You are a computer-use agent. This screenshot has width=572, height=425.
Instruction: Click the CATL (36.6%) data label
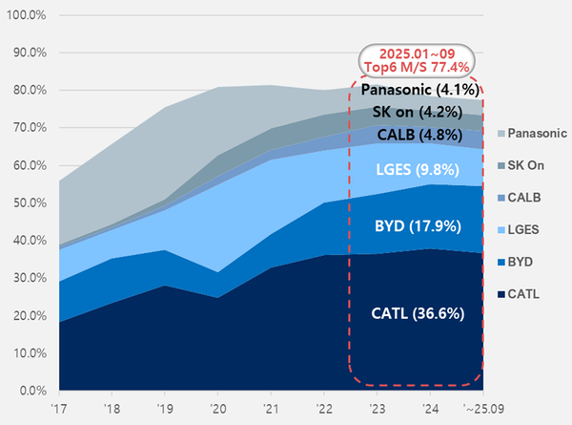point(416,312)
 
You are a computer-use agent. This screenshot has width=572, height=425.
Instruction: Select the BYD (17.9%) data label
point(416,226)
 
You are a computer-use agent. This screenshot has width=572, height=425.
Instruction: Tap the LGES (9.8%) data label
point(416,171)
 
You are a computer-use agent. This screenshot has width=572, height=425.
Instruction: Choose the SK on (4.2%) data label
point(416,112)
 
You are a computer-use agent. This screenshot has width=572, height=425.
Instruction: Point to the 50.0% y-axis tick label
point(29,203)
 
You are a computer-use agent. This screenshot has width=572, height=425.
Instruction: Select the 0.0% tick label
point(31,391)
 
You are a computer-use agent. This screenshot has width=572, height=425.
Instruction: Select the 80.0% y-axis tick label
point(29,91)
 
